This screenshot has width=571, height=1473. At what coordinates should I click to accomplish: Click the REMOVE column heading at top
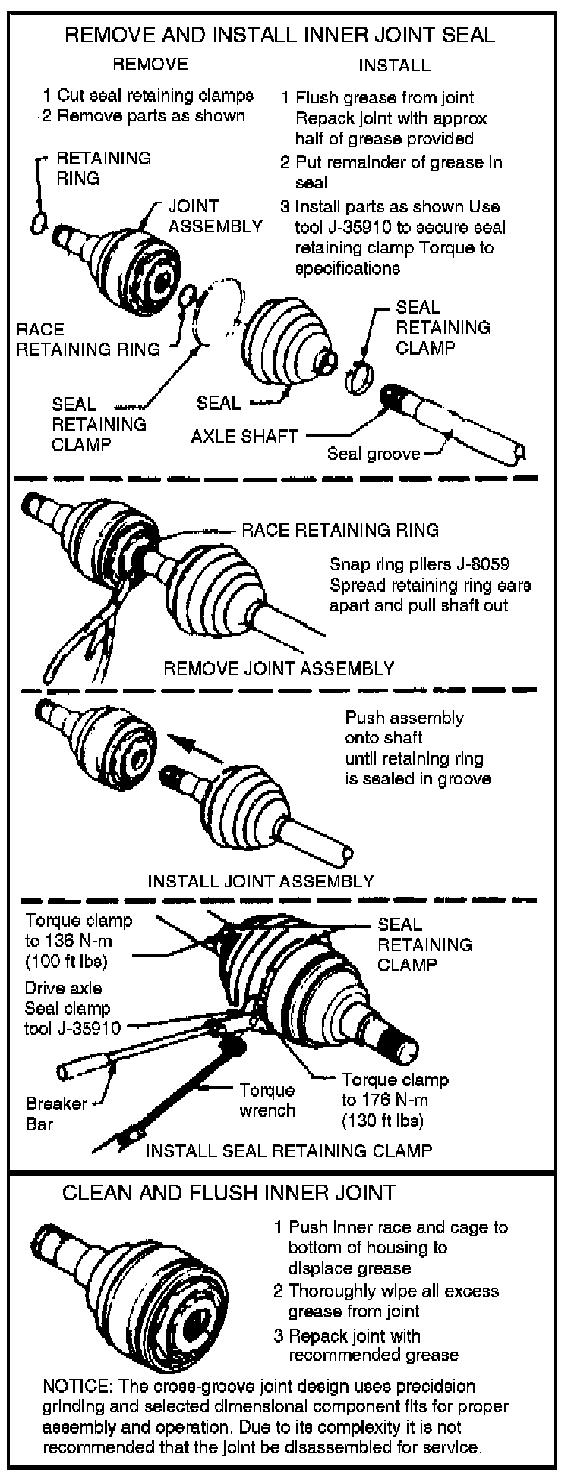pos(150,64)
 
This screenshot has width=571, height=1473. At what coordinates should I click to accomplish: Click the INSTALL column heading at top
pos(394,65)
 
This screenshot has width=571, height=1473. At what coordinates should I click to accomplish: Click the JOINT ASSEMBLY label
pos(215,216)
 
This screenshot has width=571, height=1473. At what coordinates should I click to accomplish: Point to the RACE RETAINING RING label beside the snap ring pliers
pos(339,530)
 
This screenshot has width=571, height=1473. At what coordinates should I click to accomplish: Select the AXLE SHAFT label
pos(244,436)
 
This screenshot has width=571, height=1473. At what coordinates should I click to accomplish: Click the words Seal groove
pos(373,454)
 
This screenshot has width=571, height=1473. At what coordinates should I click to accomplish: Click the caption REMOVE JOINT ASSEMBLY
pos(279,669)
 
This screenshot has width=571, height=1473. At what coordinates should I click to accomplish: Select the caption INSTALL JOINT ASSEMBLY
pos(260,881)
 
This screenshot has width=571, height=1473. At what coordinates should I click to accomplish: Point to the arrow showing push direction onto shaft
pos(197,746)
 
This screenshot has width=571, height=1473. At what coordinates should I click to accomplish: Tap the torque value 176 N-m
pos(395,1100)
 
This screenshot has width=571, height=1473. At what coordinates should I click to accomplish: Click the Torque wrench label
pos(267,1100)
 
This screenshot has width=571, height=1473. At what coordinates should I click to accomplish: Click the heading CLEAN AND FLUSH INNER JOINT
pos(229,1193)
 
